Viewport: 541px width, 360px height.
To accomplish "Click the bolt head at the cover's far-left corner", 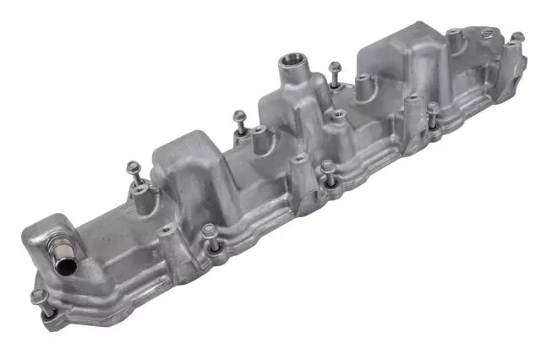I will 38,297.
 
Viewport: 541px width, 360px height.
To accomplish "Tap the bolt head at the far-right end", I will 516,38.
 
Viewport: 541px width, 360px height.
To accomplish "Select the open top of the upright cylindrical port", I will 292,60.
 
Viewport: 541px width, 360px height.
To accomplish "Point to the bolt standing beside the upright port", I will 336,68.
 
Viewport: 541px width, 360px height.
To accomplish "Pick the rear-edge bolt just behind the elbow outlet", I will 132,167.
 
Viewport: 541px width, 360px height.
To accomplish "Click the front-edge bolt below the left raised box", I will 208,232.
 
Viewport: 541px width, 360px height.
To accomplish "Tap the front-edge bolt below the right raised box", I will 432,109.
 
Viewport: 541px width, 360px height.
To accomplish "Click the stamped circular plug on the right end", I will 485,35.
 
